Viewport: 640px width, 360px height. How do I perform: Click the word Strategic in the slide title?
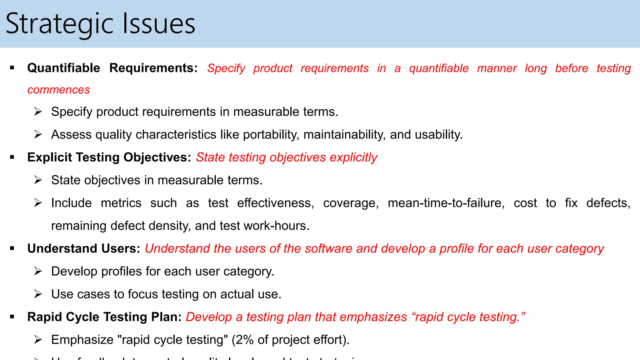(59, 24)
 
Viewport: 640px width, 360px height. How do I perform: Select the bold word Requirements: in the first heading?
(153, 68)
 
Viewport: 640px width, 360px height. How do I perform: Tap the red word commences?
(59, 90)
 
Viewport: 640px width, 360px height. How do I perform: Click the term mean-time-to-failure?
(446, 203)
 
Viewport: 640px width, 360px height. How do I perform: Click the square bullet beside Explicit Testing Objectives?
(12, 157)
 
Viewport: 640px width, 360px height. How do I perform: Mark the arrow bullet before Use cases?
(38, 294)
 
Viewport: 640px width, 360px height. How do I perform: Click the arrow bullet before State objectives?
(38, 180)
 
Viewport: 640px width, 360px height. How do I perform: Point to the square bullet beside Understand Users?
(12, 249)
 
